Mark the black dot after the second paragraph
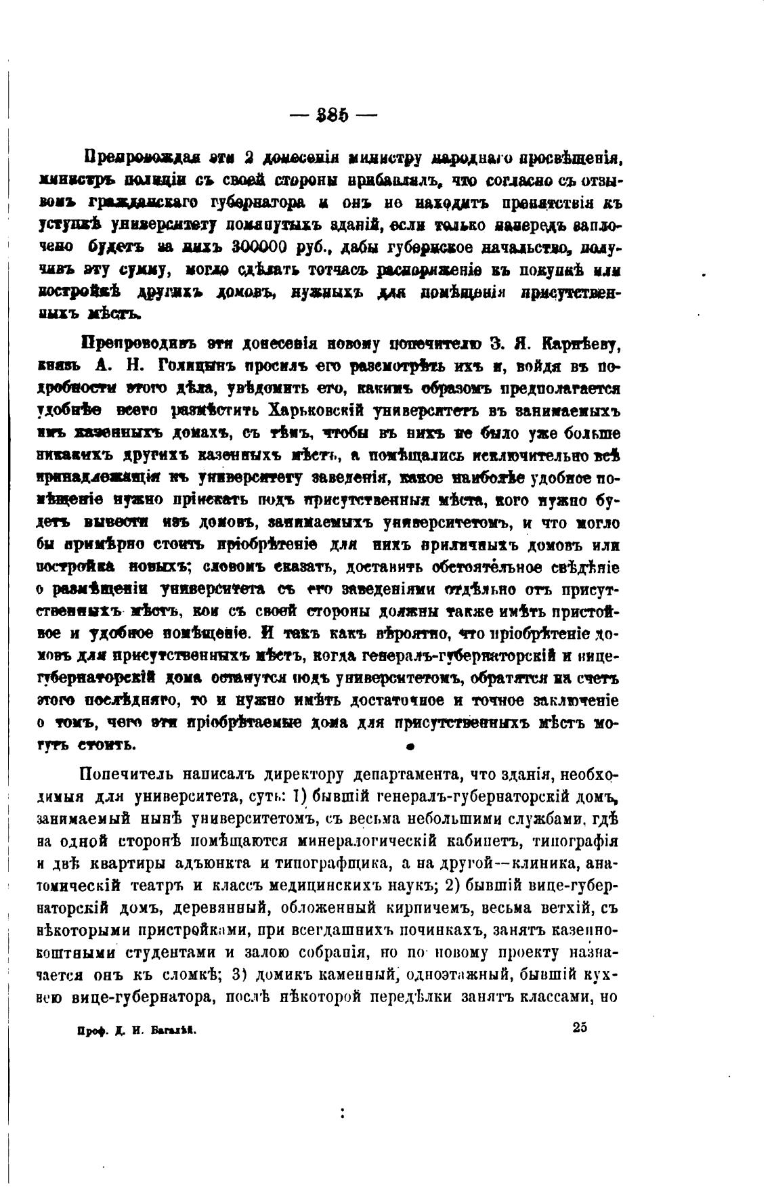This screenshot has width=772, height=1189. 410,747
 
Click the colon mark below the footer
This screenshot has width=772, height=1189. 343,1112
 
